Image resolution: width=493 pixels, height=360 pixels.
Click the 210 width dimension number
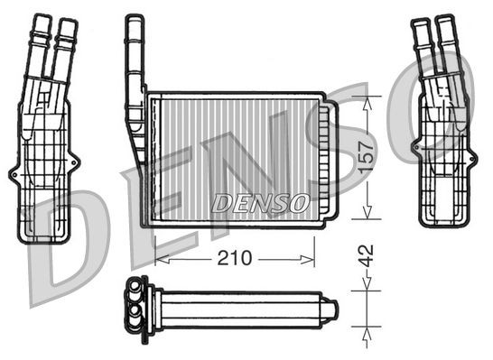coord(234,259)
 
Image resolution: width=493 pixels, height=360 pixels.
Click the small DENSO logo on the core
coord(261,201)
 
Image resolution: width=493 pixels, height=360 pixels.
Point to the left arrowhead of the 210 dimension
coord(160,259)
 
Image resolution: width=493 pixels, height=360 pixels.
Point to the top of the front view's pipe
coord(134,20)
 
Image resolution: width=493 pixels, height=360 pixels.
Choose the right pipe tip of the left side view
coord(68,20)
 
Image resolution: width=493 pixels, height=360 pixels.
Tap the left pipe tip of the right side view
coord(420,23)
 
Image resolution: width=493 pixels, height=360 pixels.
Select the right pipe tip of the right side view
coord(444,20)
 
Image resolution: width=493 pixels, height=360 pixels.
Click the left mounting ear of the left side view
coord(14,171)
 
